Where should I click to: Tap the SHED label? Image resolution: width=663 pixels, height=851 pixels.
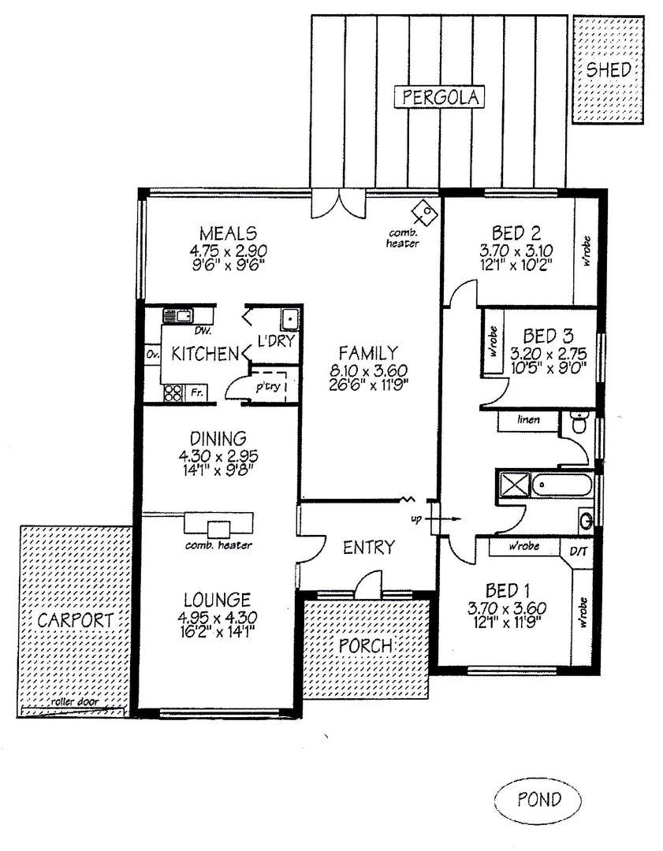click(x=609, y=69)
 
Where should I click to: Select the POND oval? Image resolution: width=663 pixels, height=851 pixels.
click(x=539, y=800)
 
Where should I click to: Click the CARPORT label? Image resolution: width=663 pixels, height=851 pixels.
click(x=76, y=620)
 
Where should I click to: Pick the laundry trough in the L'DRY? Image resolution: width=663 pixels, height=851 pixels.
click(x=289, y=319)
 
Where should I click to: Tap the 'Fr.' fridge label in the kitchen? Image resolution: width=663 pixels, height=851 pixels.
click(x=192, y=392)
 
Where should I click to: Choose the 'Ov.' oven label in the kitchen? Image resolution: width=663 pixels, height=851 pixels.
click(x=152, y=355)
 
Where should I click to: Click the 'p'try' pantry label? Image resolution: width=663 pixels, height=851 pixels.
click(x=264, y=388)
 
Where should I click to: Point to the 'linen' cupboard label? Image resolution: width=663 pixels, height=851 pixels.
click(x=528, y=420)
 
